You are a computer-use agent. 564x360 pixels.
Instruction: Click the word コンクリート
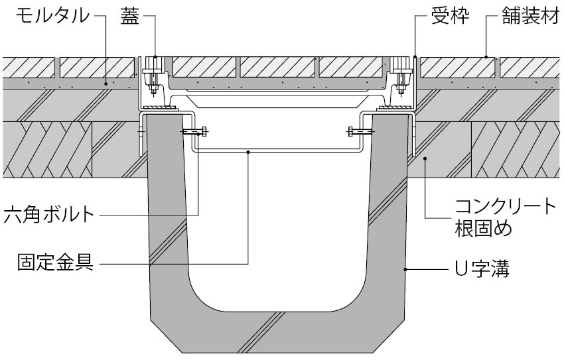coord(505,207)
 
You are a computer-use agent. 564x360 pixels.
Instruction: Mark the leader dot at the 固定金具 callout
coord(248,152)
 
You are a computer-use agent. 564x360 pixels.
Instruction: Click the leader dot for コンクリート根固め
coord(425,157)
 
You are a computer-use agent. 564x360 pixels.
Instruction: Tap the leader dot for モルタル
coord(106,84)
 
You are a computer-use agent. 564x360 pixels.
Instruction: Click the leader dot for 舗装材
coord(485,57)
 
